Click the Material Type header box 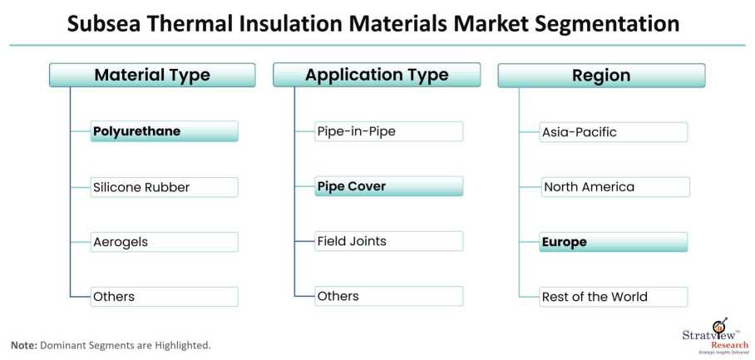(x=152, y=76)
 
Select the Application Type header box (x=376, y=76)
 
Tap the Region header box (x=601, y=76)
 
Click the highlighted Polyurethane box (x=164, y=131)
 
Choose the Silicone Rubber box (x=164, y=187)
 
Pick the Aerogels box (x=164, y=242)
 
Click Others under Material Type (x=164, y=297)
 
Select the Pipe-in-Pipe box (x=388, y=131)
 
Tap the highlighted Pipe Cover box (x=388, y=186)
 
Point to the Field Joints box (x=388, y=242)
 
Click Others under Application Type (x=388, y=297)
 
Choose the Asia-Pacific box (x=614, y=132)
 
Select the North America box (x=614, y=187)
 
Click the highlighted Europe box (x=614, y=242)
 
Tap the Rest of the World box (x=614, y=297)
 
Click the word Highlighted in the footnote (x=181, y=345)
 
